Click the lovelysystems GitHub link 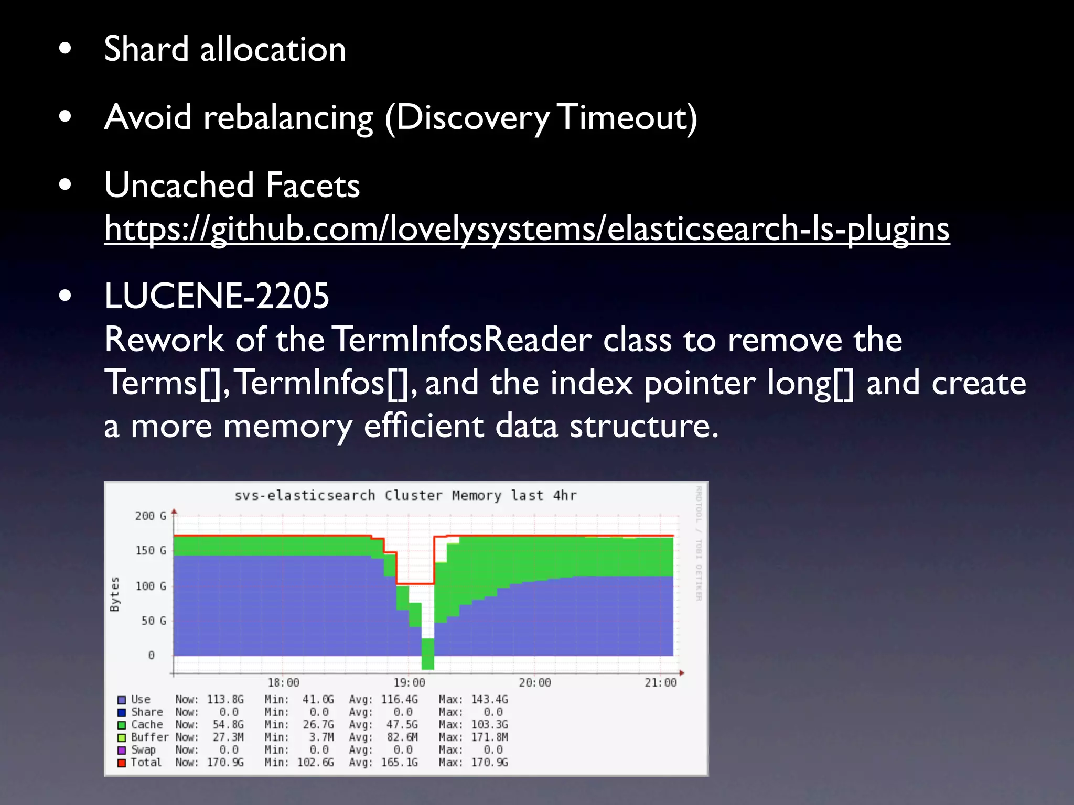pos(527,229)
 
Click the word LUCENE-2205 pos(217,296)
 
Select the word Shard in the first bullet pos(146,49)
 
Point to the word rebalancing pos(288,117)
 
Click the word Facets pos(313,186)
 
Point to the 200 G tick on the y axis pos(151,516)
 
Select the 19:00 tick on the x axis pos(409,682)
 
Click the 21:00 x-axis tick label pos(660,682)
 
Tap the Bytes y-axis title pos(115,594)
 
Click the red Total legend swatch pos(122,763)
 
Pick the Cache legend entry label pos(147,724)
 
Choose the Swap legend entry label pos(143,749)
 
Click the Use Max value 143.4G pos(489,699)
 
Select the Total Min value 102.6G pos(315,762)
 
